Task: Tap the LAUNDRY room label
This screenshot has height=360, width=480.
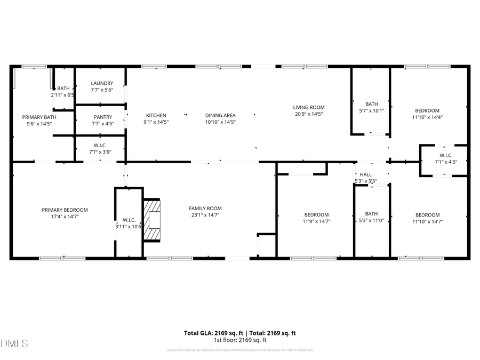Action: pyautogui.click(x=102, y=83)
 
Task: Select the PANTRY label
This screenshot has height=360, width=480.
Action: pyautogui.click(x=102, y=117)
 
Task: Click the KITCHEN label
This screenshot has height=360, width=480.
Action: pyautogui.click(x=156, y=115)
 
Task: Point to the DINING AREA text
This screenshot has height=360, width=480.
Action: pyautogui.click(x=220, y=115)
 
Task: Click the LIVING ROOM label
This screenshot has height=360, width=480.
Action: pyautogui.click(x=309, y=107)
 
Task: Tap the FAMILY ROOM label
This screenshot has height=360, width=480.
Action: pyautogui.click(x=205, y=209)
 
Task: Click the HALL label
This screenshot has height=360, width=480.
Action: pyautogui.click(x=366, y=174)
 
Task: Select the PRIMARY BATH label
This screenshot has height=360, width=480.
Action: pyautogui.click(x=39, y=117)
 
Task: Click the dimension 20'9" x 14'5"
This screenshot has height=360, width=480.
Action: pyautogui.click(x=309, y=114)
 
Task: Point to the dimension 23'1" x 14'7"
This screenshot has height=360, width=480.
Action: pyautogui.click(x=205, y=215)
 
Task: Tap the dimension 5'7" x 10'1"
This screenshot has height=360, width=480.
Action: pyautogui.click(x=372, y=110)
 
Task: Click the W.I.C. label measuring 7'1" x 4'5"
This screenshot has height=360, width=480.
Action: pyautogui.click(x=446, y=155)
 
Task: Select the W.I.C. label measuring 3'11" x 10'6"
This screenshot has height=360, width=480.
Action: pyautogui.click(x=129, y=220)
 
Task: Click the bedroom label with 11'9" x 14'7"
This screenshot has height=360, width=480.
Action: pyautogui.click(x=316, y=215)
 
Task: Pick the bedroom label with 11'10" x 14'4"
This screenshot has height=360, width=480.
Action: pyautogui.click(x=428, y=110)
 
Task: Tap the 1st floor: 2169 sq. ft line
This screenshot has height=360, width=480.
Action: pyautogui.click(x=240, y=340)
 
